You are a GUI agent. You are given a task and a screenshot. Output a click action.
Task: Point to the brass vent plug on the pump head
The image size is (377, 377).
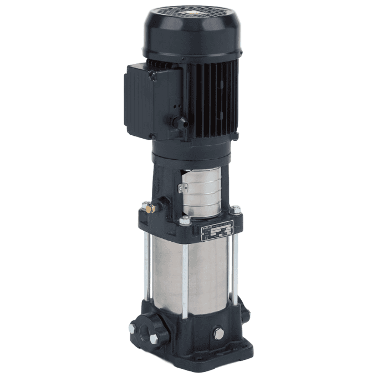(147, 209)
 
